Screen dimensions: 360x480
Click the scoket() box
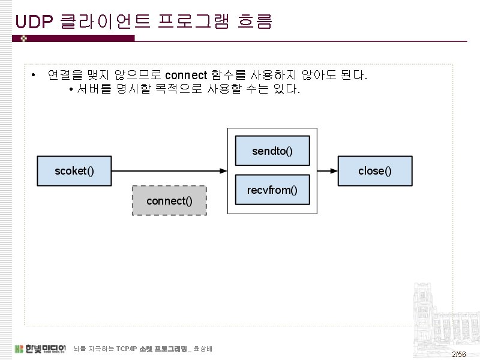point(74,170)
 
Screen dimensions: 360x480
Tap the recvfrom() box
point(272,190)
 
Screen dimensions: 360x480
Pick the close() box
point(375,170)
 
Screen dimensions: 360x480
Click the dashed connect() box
point(169,200)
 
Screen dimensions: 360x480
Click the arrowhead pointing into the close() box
point(334,170)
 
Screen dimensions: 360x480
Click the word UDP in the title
point(35,23)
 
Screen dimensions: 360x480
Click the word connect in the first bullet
point(185,76)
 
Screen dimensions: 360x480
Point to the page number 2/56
point(459,355)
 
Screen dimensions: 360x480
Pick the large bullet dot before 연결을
point(34,76)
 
